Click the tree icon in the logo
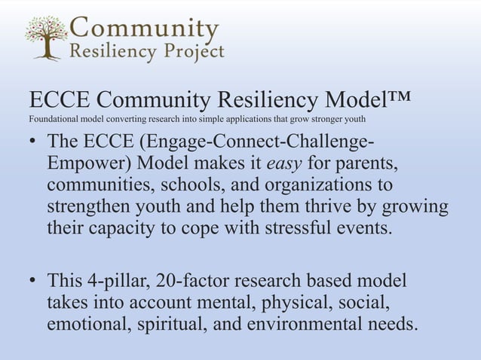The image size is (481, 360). (44, 38)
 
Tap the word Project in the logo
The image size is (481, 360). (191, 51)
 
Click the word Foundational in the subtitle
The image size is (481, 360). (51, 120)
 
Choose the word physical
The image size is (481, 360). (287, 304)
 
